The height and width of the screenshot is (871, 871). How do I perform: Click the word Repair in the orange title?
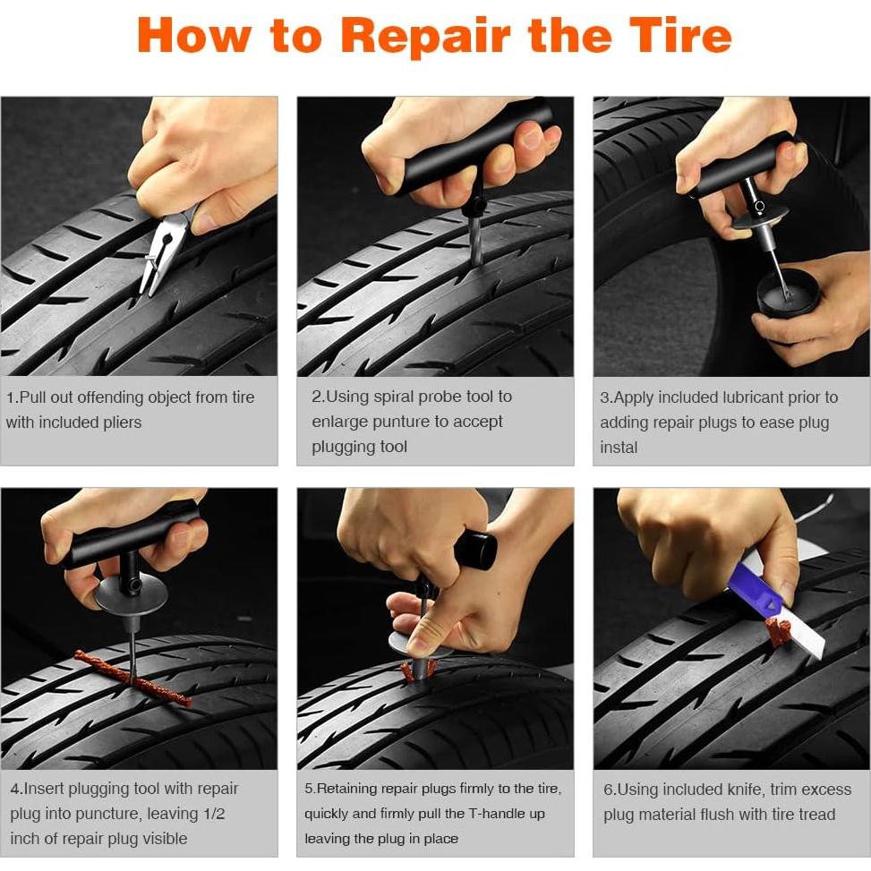click(424, 36)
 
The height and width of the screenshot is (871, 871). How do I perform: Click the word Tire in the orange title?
click(681, 35)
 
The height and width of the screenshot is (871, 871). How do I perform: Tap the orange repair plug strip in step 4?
click(133, 679)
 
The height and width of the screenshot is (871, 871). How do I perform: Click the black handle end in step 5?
click(476, 550)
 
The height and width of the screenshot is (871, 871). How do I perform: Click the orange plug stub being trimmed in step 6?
click(778, 633)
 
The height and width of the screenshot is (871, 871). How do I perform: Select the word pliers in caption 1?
click(122, 423)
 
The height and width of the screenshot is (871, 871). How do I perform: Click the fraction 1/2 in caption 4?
click(214, 814)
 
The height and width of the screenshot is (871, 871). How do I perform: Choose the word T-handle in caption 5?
click(499, 813)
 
